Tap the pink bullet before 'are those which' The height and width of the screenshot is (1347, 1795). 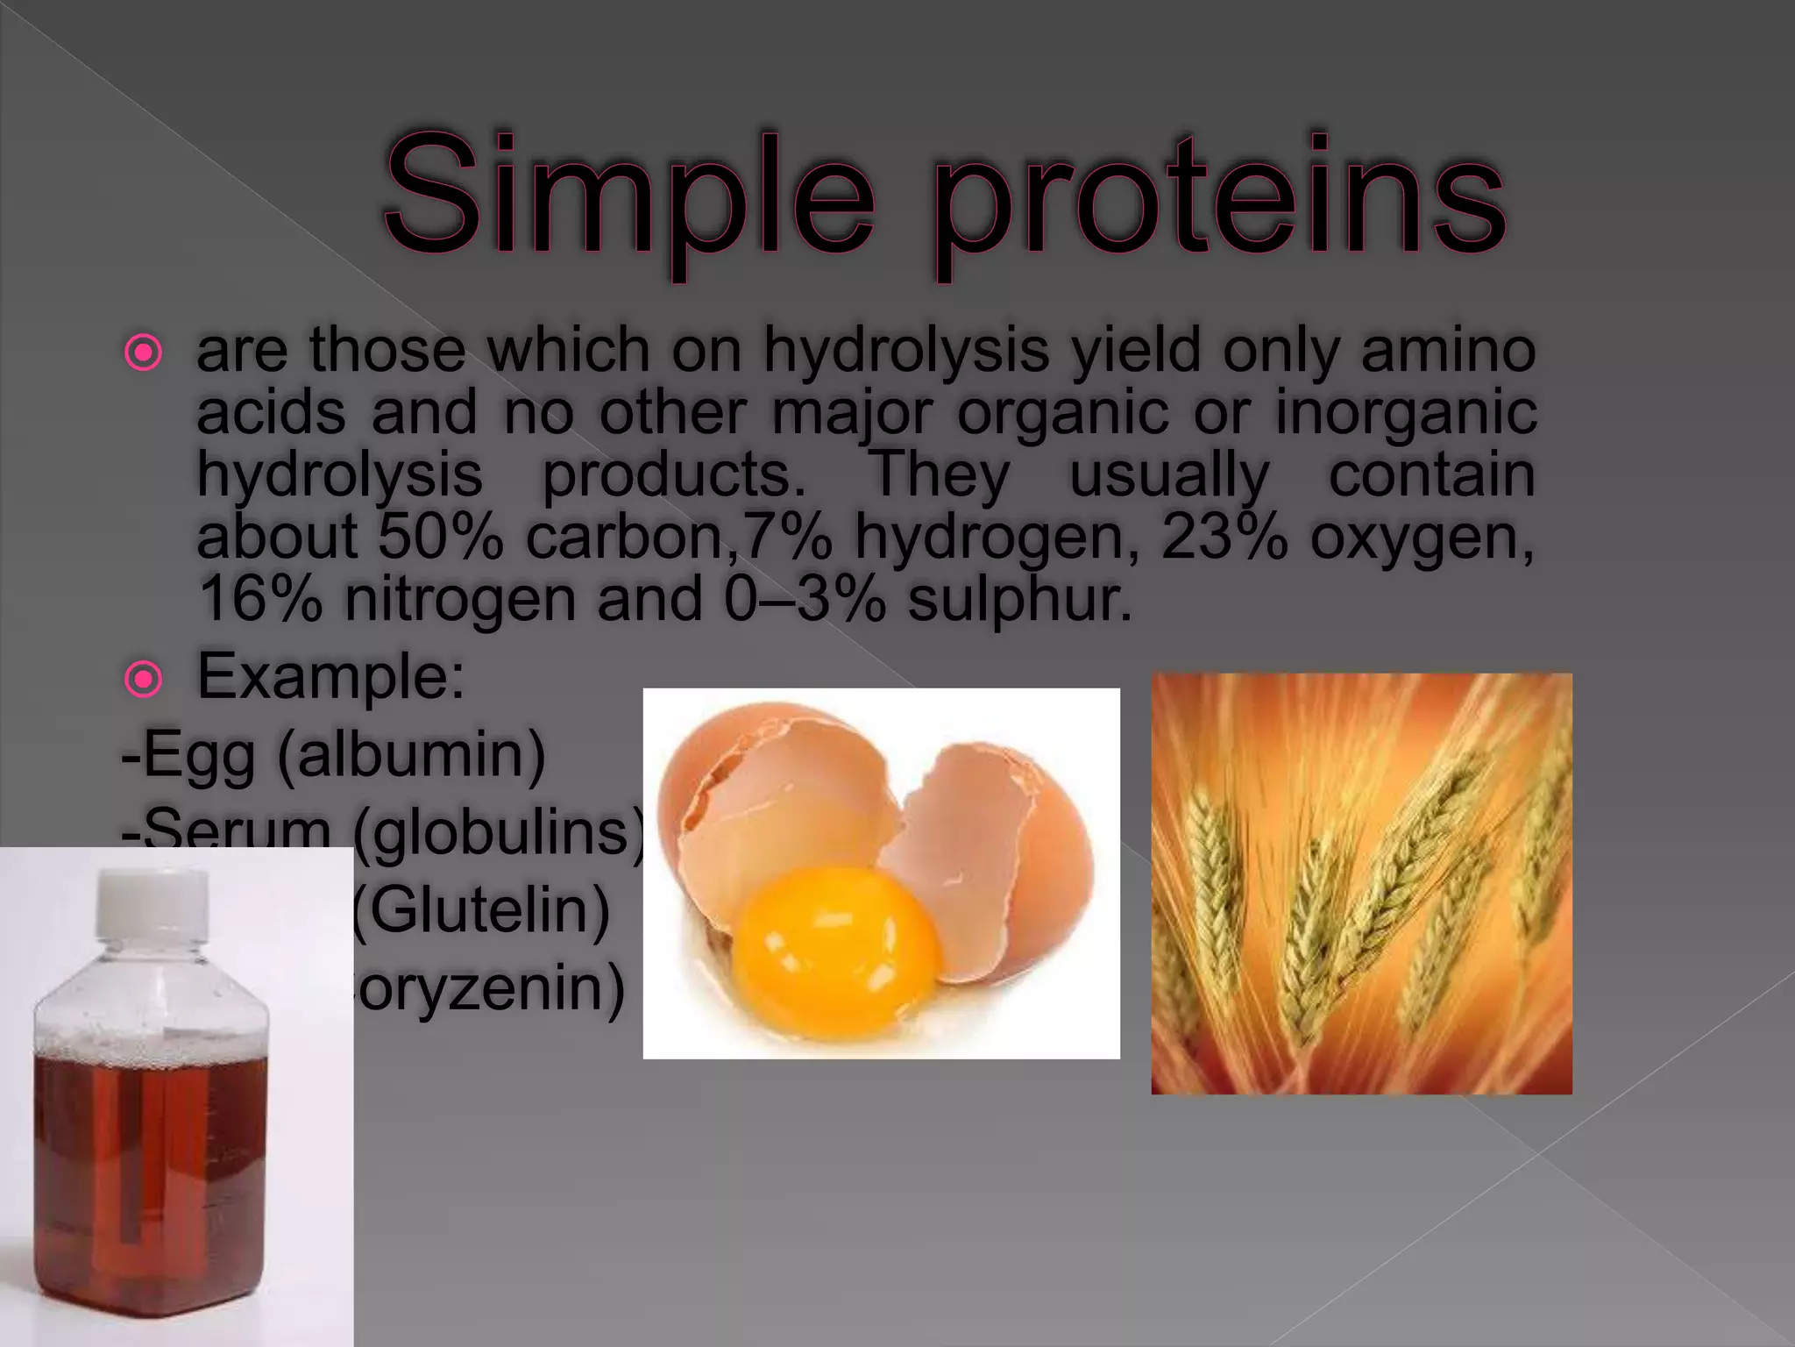(143, 353)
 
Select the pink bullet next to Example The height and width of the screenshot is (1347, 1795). (143, 679)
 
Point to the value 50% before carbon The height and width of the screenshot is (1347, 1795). (441, 537)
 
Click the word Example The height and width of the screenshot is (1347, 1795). (330, 677)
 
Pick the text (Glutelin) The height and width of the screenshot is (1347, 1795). (480, 910)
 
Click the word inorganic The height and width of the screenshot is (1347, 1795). (1405, 412)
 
